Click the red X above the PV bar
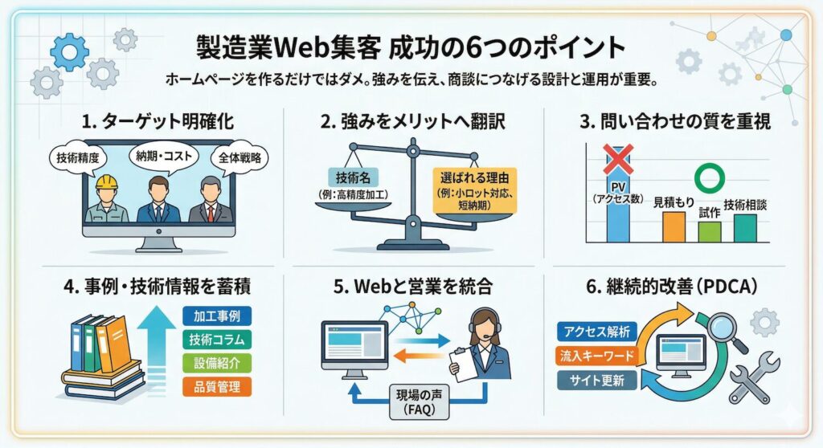tap(618, 160)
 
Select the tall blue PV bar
tap(618, 210)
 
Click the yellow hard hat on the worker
tap(107, 183)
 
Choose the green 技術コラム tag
tap(217, 339)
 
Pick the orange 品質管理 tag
tap(217, 386)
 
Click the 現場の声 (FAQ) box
tap(419, 401)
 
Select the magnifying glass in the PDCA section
tap(720, 331)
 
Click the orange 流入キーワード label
tap(596, 356)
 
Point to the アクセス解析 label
tap(596, 332)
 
